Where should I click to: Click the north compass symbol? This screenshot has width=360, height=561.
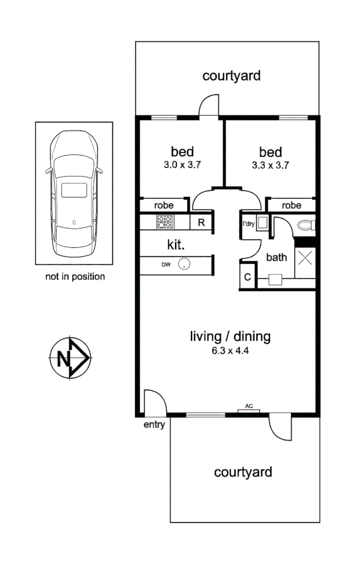pyautogui.click(x=69, y=358)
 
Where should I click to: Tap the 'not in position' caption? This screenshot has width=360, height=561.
pyautogui.click(x=75, y=277)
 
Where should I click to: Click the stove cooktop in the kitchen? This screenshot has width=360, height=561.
pyautogui.click(x=164, y=222)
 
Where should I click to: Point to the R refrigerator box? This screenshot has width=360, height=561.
pyautogui.click(x=201, y=222)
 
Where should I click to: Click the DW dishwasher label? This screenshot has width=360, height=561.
pyautogui.click(x=165, y=265)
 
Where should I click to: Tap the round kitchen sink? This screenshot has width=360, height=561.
pyautogui.click(x=186, y=264)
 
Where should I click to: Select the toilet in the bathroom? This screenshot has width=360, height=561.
pyautogui.click(x=308, y=225)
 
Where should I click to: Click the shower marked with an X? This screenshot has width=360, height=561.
pyautogui.click(x=305, y=258)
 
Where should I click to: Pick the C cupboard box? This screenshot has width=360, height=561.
pyautogui.click(x=247, y=277)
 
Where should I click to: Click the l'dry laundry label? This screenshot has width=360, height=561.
pyautogui.click(x=248, y=223)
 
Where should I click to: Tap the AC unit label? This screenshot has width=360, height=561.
pyautogui.click(x=249, y=406)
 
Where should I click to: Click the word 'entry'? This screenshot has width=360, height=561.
pyautogui.click(x=154, y=425)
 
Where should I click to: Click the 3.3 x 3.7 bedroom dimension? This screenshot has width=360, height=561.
pyautogui.click(x=271, y=164)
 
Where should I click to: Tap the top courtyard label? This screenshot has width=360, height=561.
pyautogui.click(x=231, y=76)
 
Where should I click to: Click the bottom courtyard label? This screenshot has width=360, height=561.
pyautogui.click(x=243, y=472)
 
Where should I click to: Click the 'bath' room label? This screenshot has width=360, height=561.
pyautogui.click(x=277, y=257)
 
